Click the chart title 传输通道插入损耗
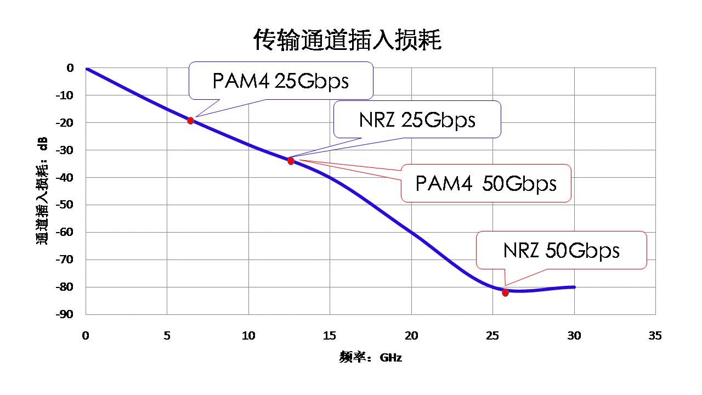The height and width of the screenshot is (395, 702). pyautogui.click(x=347, y=40)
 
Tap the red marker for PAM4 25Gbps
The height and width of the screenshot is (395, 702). pyautogui.click(x=190, y=121)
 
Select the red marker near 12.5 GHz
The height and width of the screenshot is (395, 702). pyautogui.click(x=291, y=161)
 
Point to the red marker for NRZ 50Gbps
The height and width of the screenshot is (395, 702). pyautogui.click(x=505, y=292)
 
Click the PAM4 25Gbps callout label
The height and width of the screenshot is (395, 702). pyautogui.click(x=281, y=81)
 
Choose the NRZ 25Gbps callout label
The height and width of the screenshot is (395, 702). pyautogui.click(x=417, y=120)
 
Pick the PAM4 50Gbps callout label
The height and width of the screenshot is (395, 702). pyautogui.click(x=486, y=183)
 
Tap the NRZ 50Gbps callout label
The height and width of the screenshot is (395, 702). pyautogui.click(x=561, y=250)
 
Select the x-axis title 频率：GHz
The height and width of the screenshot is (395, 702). pyautogui.click(x=371, y=358)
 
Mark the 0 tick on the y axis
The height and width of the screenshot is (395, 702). pyautogui.click(x=70, y=68)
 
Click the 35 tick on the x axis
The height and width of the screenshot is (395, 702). pyautogui.click(x=655, y=336)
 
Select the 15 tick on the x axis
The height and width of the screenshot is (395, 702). pyautogui.click(x=330, y=336)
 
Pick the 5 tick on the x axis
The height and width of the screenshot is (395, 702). pyautogui.click(x=167, y=336)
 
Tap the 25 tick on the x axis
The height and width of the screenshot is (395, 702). pyautogui.click(x=492, y=336)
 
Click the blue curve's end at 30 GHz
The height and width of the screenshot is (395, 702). pyautogui.click(x=574, y=287)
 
